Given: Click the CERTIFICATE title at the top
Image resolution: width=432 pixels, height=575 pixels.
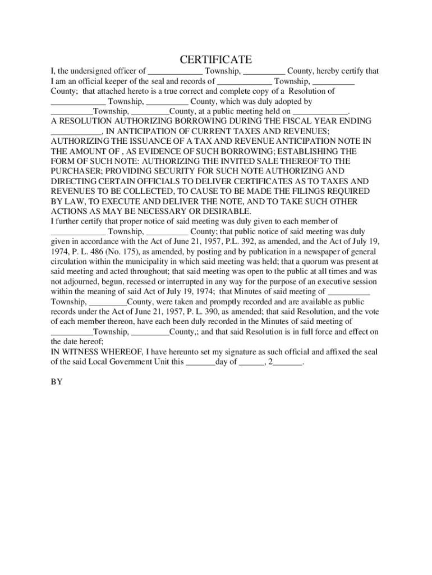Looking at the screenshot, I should (x=215, y=60).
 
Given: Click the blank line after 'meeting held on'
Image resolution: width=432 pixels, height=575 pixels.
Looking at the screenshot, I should (x=320, y=112).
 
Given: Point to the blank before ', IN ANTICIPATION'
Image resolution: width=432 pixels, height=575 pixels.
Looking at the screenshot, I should (x=76, y=131).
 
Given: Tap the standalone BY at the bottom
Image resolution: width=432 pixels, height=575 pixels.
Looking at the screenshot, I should (x=57, y=382).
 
